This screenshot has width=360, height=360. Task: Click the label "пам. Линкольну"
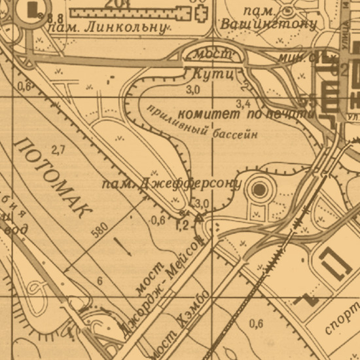pyautogui.click(x=109, y=27)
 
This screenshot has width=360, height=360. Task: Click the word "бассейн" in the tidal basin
pyautogui.click(x=234, y=134)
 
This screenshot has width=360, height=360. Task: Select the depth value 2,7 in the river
pyautogui.click(x=58, y=150)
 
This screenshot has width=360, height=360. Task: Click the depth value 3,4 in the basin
pyautogui.click(x=243, y=103)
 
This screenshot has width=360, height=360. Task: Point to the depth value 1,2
pyautogui.click(x=181, y=225)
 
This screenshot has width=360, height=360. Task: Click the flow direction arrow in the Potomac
pyautogui.click(x=120, y=245)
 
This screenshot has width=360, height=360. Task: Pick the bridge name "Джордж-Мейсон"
pyautogui.click(x=165, y=286)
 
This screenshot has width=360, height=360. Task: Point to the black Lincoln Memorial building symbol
pyautogui.click(x=31, y=10)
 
